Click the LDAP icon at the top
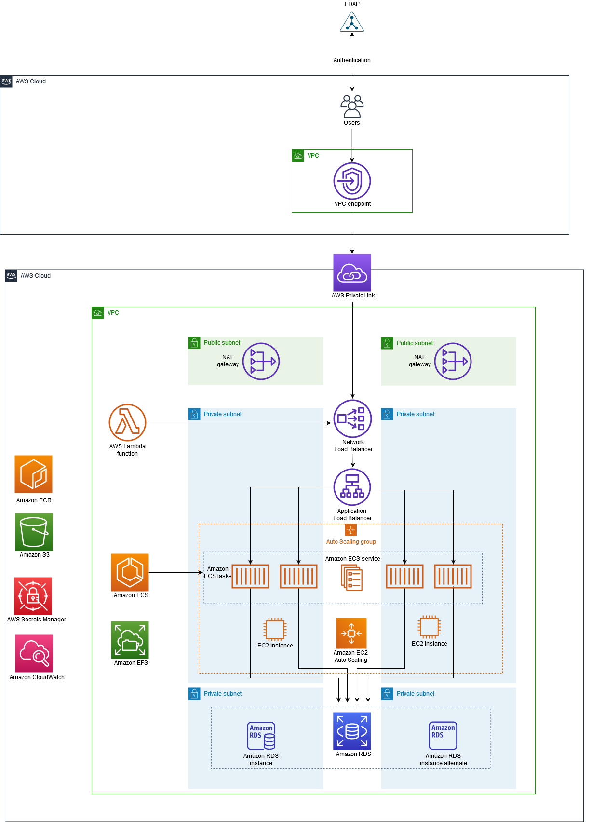[x=352, y=22]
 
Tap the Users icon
[x=352, y=107]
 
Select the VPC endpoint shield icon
[x=352, y=181]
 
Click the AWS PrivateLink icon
[x=352, y=272]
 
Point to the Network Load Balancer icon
[x=352, y=418]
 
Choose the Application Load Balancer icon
[x=352, y=487]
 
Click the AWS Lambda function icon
[x=127, y=422]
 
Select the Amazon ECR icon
[x=33, y=474]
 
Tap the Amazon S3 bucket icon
[x=34, y=531]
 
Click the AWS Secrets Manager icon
[x=33, y=596]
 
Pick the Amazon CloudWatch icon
[x=34, y=653]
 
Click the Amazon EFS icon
[x=130, y=640]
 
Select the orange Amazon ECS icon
[x=130, y=572]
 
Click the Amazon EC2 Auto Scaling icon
[x=351, y=633]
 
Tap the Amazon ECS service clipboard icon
[x=352, y=578]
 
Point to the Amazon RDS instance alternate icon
[x=443, y=735]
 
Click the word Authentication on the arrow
[x=352, y=60]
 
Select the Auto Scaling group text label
[x=351, y=542]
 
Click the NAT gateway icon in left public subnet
[x=261, y=361]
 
